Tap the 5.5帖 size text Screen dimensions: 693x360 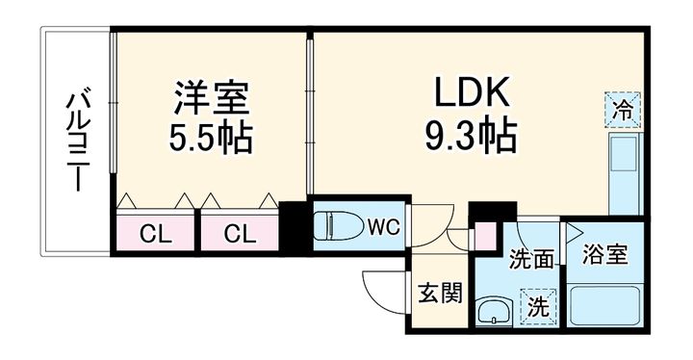pyautogui.click(x=212, y=138)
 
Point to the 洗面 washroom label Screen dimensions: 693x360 pyautogui.click(x=531, y=258)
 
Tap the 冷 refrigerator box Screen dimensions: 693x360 pyautogui.click(x=623, y=108)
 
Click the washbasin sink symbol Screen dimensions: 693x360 pyautogui.click(x=496, y=311)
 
